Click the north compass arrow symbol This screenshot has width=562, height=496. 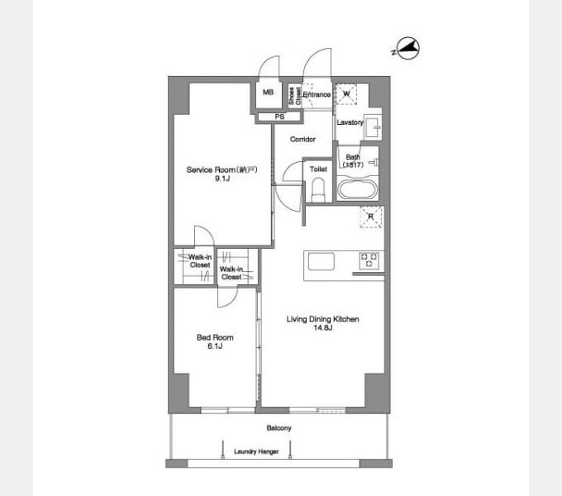coord(404,50)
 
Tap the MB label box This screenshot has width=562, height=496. coord(268,93)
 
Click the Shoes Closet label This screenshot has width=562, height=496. coord(293,96)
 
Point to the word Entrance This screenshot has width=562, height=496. coord(317,95)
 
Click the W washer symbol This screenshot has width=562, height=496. coord(346,94)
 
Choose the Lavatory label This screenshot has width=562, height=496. coord(350,122)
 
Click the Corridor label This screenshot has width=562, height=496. coord(303,139)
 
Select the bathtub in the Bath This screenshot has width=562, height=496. coord(358,189)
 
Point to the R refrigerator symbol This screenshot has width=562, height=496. coord(370,217)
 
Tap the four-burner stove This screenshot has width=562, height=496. coord(369,261)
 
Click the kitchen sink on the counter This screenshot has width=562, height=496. coord(320,261)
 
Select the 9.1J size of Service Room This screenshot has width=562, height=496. coord(217,178)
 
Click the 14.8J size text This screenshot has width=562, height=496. coord(322,328)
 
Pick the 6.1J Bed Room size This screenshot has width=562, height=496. coord(214,346)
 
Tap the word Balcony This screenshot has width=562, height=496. coord(279,428)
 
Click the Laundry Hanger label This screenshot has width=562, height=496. coord(256,451)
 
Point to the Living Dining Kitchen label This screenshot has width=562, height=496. coord(322,319)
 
